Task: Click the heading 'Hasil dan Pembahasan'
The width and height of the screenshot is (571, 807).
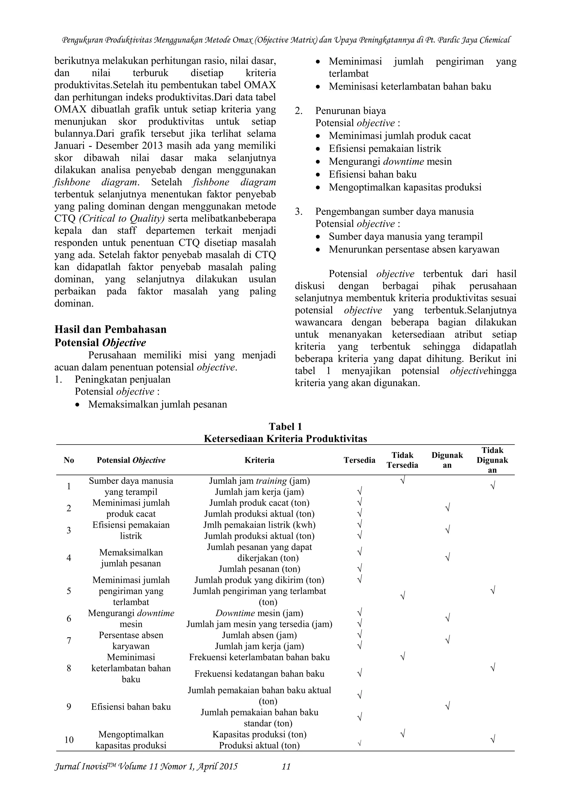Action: tap(110, 329)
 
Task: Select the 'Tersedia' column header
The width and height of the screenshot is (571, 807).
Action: tap(359, 460)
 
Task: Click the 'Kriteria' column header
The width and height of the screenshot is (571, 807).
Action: tap(260, 460)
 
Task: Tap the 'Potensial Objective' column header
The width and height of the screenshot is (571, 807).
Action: tap(131, 460)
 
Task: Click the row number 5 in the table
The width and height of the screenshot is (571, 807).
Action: tap(69, 591)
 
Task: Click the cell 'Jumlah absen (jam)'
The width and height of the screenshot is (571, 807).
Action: tap(260, 635)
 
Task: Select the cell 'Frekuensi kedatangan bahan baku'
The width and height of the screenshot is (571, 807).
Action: tap(260, 674)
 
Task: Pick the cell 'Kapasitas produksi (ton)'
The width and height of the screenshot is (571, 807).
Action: tap(260, 734)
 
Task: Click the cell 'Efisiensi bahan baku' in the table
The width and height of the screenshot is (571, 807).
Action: tap(131, 707)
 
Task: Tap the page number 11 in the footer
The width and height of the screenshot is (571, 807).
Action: tap(286, 767)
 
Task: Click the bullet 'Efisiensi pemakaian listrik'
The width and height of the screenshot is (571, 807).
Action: tap(385, 149)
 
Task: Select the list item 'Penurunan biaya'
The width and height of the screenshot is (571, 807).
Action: tap(350, 111)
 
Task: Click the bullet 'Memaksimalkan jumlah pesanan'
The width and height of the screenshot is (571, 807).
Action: tap(158, 404)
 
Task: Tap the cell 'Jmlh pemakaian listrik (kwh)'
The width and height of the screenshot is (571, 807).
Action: tap(260, 525)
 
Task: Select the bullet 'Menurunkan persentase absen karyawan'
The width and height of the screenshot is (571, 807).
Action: tap(414, 249)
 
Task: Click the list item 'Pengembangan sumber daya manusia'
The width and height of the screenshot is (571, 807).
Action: tap(394, 212)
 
